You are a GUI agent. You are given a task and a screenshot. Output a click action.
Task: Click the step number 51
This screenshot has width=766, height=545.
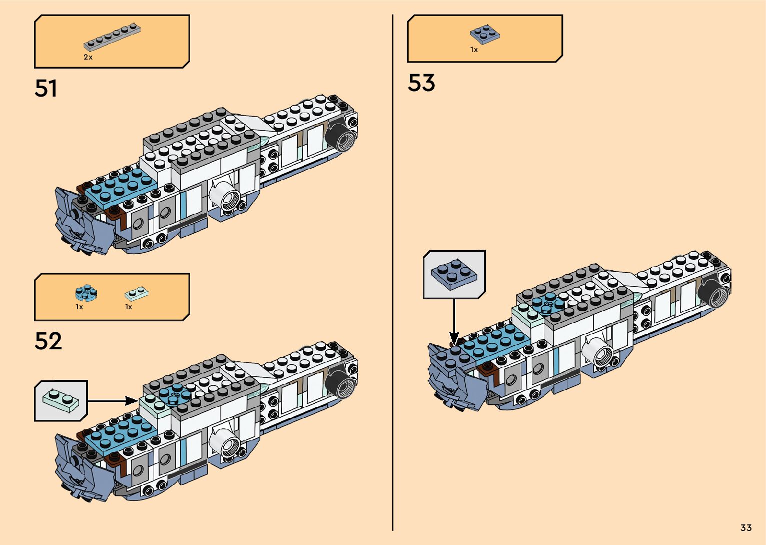pyautogui.click(x=46, y=89)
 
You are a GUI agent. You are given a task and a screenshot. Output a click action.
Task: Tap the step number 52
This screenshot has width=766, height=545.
pyautogui.click(x=48, y=341)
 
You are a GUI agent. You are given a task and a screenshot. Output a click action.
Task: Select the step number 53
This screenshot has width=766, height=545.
pyautogui.click(x=421, y=83)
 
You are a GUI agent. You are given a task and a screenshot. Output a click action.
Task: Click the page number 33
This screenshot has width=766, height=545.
pyautogui.click(x=746, y=527)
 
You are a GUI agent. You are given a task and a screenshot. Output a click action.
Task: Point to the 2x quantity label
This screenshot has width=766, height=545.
pyautogui.click(x=88, y=58)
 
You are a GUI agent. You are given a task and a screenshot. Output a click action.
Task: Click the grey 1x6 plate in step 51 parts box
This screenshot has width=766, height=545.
pyautogui.click(x=112, y=37)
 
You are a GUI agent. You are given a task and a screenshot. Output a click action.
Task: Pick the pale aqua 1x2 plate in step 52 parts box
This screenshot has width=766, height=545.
pyautogui.click(x=137, y=293)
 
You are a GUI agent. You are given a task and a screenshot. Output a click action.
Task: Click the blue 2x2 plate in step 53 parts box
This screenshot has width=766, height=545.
pyautogui.click(x=484, y=34)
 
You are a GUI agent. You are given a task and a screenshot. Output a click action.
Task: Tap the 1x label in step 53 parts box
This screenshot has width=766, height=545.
pyautogui.click(x=474, y=50)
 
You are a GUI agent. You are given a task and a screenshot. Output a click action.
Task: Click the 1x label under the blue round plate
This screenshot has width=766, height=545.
pyautogui.click(x=79, y=307)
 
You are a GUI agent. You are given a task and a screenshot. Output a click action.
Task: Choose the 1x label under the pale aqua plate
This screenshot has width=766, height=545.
pyautogui.click(x=129, y=307)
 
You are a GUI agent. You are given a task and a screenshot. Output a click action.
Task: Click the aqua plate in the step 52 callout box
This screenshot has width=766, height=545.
pyautogui.click(x=61, y=400)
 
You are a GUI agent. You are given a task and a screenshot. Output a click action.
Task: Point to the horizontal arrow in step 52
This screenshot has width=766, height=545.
pyautogui.click(x=113, y=400)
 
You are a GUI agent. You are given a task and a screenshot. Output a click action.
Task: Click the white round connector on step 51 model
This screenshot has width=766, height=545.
pyautogui.click(x=226, y=196)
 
